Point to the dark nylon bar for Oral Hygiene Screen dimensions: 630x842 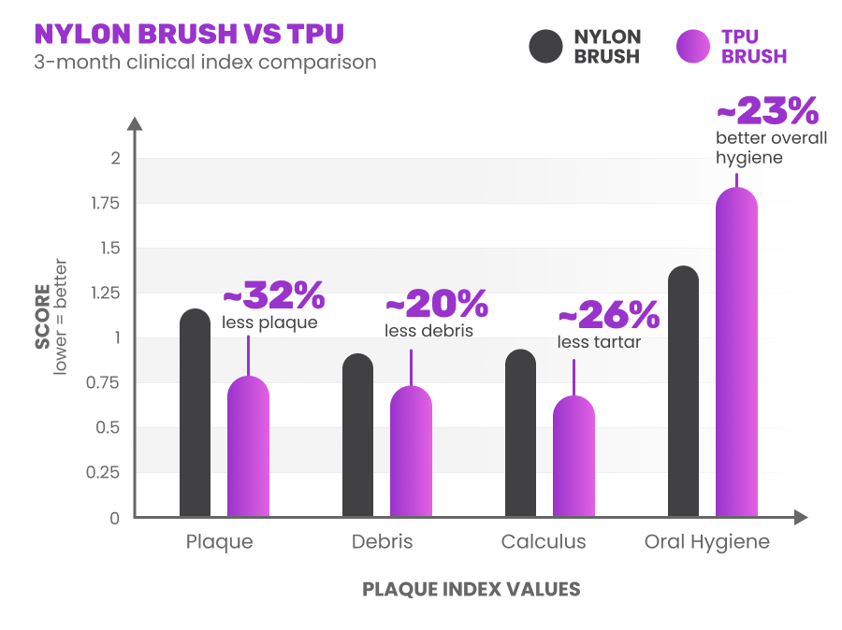684,392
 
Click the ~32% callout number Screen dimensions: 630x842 273,296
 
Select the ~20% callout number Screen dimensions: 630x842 436,304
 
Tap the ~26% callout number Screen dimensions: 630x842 608,316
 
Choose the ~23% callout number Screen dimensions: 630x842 767,112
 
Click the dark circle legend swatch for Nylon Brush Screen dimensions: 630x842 545,47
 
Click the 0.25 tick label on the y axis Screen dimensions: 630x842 104,473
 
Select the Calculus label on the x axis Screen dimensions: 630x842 544,542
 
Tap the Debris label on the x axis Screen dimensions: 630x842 382,542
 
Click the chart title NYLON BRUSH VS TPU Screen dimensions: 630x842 189,34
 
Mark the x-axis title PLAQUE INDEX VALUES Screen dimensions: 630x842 471,590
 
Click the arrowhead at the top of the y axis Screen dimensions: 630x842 135,123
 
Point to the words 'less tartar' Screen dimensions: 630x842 599,342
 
